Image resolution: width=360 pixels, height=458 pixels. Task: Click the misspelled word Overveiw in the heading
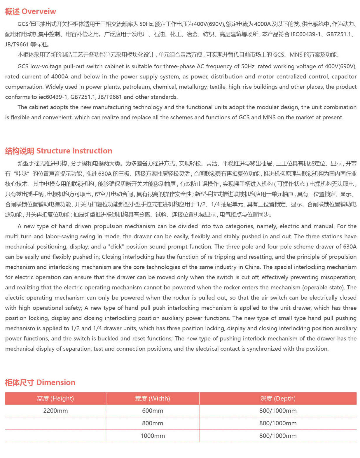[39, 12]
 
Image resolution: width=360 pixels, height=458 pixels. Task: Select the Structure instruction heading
[74, 151]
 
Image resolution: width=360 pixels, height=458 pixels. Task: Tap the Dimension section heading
[56, 382]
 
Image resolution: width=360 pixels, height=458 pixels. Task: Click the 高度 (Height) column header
[55, 398]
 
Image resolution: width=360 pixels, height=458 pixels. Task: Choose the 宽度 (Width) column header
[153, 398]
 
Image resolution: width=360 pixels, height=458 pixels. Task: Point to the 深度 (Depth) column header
[278, 398]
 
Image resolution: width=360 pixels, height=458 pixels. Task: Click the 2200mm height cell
[55, 411]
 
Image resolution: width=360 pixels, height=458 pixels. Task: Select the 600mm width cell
[153, 411]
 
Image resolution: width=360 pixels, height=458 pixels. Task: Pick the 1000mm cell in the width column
[153, 436]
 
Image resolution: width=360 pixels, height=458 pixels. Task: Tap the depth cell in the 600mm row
[278, 411]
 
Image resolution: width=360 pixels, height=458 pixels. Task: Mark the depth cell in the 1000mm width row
[278, 436]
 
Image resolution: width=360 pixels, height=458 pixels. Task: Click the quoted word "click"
[116, 247]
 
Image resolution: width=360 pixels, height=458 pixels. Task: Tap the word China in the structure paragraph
[252, 267]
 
